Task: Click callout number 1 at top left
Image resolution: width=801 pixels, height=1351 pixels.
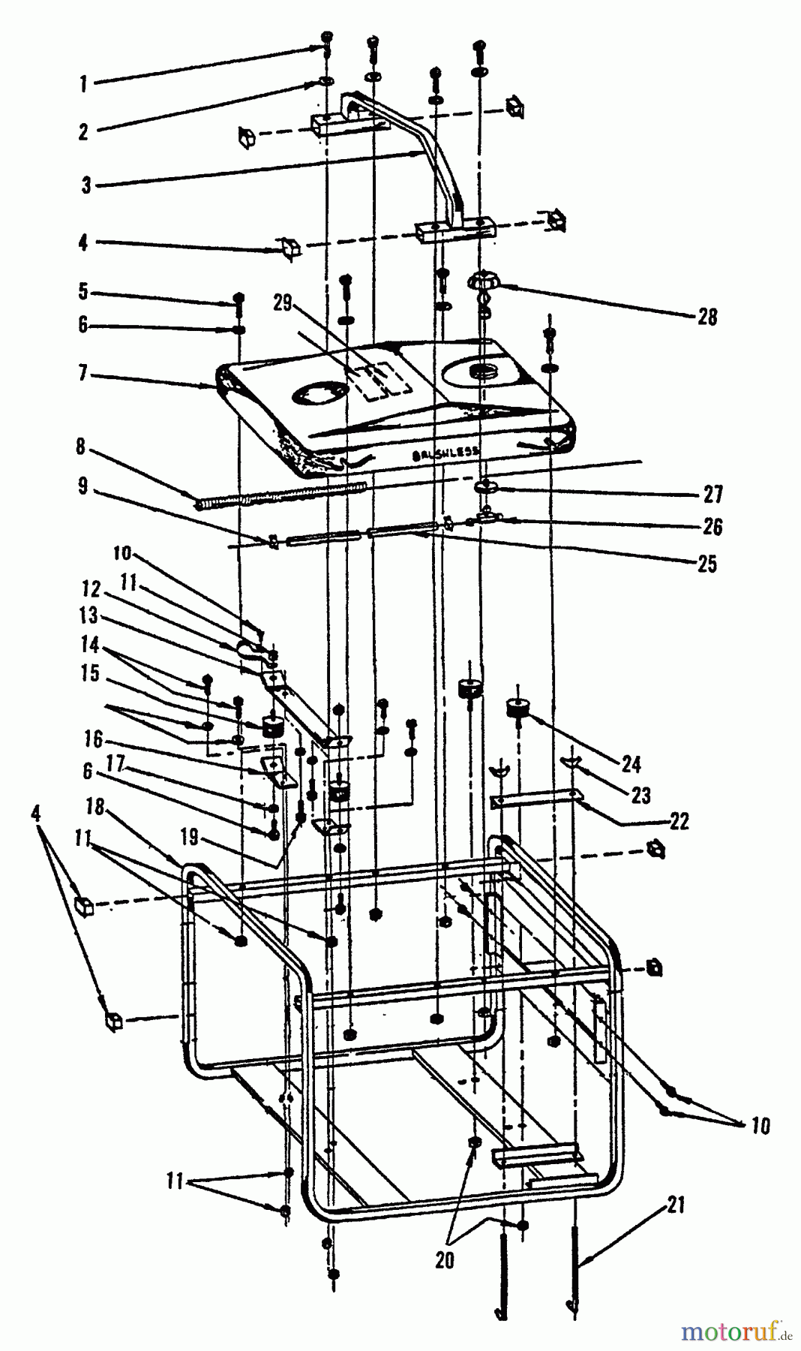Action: click(83, 84)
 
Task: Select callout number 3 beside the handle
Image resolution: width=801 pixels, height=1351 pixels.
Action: click(87, 185)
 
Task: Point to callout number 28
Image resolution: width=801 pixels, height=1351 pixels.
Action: click(706, 317)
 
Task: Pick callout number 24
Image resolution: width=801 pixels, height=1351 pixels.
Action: click(631, 764)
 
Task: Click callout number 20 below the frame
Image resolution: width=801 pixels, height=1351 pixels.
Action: click(444, 1260)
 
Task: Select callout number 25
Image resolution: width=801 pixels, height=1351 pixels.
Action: click(706, 564)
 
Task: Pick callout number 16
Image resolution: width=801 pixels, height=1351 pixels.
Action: click(93, 741)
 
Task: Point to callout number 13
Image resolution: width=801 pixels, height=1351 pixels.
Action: click(89, 615)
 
